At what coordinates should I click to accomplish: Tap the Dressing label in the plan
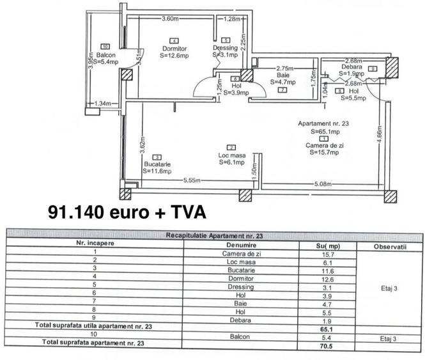[225, 49]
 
